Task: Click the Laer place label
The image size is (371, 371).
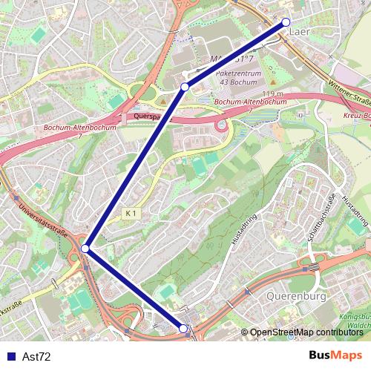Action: (298, 32)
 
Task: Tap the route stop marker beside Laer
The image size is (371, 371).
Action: (286, 22)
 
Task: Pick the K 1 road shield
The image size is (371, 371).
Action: (131, 214)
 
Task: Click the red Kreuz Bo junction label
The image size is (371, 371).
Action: (357, 116)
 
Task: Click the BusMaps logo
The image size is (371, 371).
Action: (335, 355)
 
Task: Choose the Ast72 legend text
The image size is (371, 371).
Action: (37, 357)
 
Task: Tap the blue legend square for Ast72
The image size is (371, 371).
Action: (11, 357)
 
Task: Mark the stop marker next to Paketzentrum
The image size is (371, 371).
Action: (184, 87)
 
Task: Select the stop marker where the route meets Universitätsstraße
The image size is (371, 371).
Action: (86, 249)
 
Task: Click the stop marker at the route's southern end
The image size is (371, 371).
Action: (183, 328)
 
